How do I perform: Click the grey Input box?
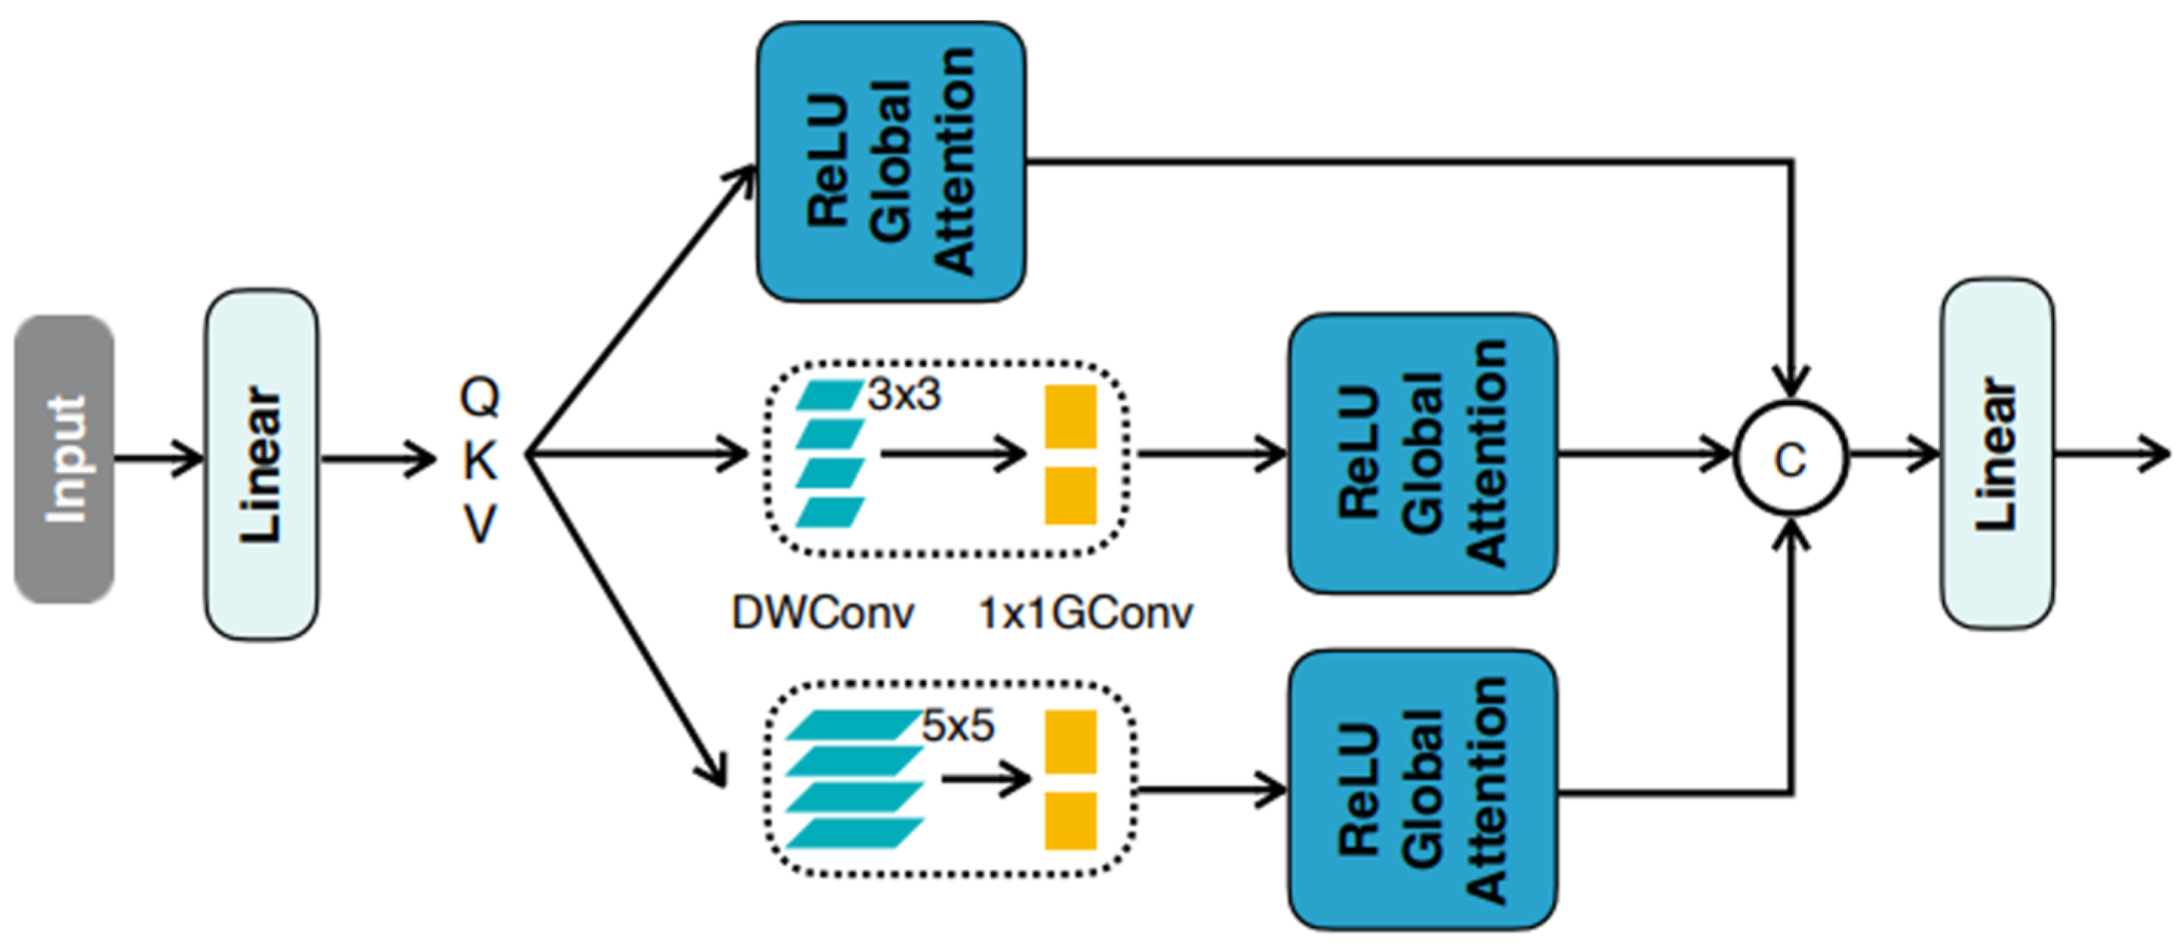point(64,460)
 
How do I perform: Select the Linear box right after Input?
point(261,463)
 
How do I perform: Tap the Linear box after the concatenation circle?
point(1996,454)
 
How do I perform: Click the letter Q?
point(480,396)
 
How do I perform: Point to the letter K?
point(480,460)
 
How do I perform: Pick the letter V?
point(480,524)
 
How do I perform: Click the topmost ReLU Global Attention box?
point(890,161)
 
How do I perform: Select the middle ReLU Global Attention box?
point(1422,454)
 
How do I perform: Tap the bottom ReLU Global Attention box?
point(1422,790)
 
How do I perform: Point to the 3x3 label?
point(904,395)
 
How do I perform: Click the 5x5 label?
point(957,726)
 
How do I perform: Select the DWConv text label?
point(822,613)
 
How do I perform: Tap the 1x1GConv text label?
point(1085,613)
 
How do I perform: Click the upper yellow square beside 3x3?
point(1070,416)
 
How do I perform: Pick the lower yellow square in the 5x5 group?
point(1070,820)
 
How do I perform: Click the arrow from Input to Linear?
point(159,459)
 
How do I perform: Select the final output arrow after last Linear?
point(2110,457)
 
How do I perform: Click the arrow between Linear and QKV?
point(377,459)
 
